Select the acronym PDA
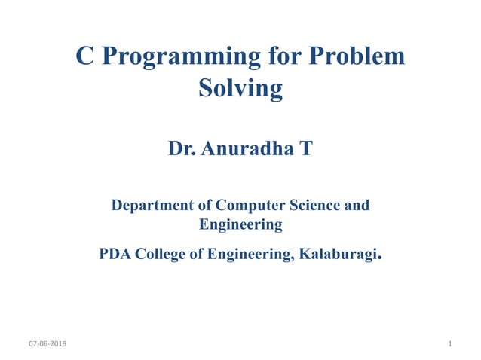[115, 255]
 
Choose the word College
[161, 255]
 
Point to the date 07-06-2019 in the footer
[47, 344]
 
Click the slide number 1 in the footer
[449, 344]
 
